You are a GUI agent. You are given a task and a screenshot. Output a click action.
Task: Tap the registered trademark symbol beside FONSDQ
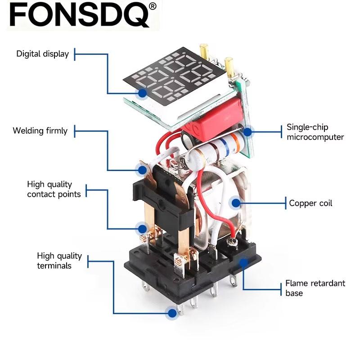click(x=153, y=6)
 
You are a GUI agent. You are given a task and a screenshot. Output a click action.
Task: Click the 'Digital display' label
click(x=42, y=54)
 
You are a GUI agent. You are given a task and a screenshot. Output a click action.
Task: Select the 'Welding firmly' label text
click(x=40, y=130)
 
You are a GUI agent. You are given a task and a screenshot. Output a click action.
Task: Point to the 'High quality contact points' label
click(x=54, y=189)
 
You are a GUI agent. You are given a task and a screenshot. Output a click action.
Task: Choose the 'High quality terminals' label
click(x=59, y=261)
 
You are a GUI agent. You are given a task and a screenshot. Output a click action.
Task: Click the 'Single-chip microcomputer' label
click(x=315, y=132)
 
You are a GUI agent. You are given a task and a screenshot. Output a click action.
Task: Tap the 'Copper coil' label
click(x=310, y=203)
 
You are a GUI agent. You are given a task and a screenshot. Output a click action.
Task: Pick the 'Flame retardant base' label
click(x=315, y=288)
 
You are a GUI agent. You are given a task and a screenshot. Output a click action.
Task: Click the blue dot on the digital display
click(x=143, y=93)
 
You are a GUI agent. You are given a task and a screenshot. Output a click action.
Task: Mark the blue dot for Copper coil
click(x=236, y=203)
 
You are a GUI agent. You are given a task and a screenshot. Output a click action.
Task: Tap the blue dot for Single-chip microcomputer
click(x=247, y=132)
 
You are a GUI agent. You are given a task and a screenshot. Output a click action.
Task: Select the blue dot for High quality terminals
click(x=172, y=313)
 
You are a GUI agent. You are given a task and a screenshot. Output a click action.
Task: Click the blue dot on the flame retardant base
click(x=243, y=262)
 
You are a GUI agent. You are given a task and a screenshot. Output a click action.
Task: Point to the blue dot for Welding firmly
click(x=143, y=170)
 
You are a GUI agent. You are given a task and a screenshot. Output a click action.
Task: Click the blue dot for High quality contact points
click(x=143, y=229)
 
